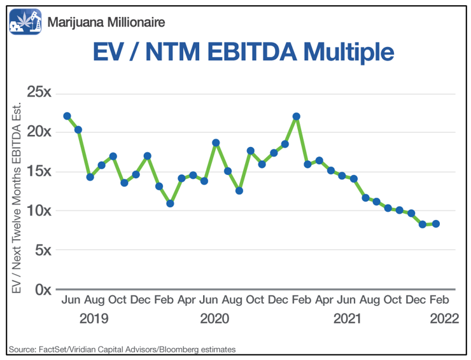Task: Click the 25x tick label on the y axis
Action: coord(39,92)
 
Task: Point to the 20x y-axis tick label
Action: coord(39,132)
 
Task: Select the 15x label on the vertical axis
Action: coord(39,171)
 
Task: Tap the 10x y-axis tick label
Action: coord(39,211)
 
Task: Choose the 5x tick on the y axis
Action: coord(43,250)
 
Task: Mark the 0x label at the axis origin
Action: coord(43,290)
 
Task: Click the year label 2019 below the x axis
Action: coord(94,319)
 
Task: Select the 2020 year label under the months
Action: coord(214,319)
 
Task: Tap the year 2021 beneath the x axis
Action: coord(347,319)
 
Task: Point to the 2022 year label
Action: coord(444,319)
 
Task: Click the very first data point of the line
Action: coord(67,116)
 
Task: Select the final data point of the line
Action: coord(436,224)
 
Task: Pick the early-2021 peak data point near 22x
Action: coord(297,116)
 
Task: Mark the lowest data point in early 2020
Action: coord(170,204)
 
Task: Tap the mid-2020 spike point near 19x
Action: coord(216,142)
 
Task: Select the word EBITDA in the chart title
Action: coord(252,52)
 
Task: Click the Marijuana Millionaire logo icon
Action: coord(25,22)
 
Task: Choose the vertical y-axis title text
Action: coord(16,198)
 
